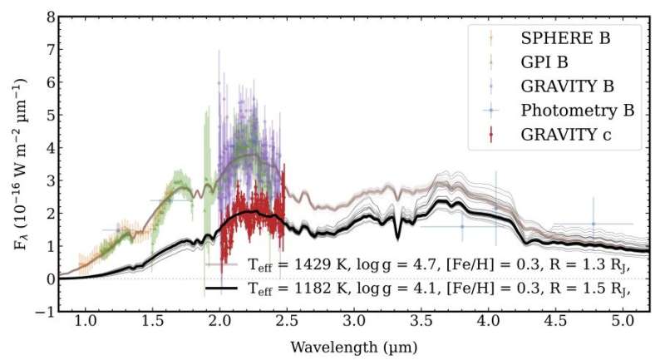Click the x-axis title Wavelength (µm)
354,345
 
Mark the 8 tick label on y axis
51,17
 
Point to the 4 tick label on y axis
51,148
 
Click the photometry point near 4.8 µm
593,224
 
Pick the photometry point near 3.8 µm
462,226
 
